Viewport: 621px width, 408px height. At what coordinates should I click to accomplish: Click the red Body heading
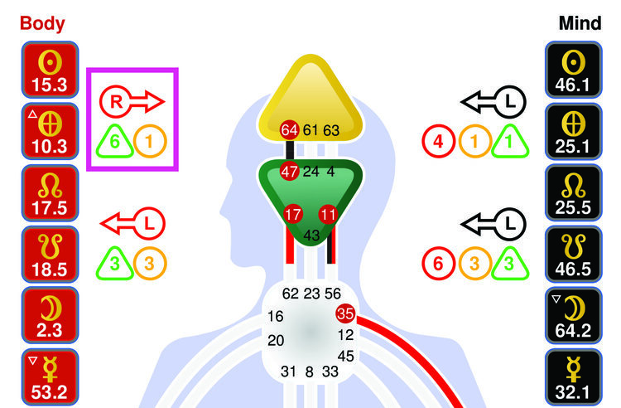point(42,22)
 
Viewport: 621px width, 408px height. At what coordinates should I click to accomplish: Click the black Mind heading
point(580,22)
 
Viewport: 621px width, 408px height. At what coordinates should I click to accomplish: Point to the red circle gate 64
point(289,129)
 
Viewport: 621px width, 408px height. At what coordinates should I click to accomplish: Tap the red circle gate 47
point(289,172)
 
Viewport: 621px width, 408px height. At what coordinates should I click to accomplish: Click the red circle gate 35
point(345,314)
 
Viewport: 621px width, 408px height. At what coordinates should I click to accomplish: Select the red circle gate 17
point(293,214)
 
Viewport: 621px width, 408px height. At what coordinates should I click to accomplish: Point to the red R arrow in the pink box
point(132,101)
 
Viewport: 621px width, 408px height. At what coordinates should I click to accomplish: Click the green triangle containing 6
point(116,142)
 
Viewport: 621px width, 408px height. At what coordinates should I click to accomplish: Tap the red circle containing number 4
point(438,142)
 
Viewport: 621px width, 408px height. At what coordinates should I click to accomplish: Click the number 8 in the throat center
point(310,372)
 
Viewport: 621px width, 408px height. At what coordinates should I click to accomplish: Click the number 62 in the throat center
point(290,293)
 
